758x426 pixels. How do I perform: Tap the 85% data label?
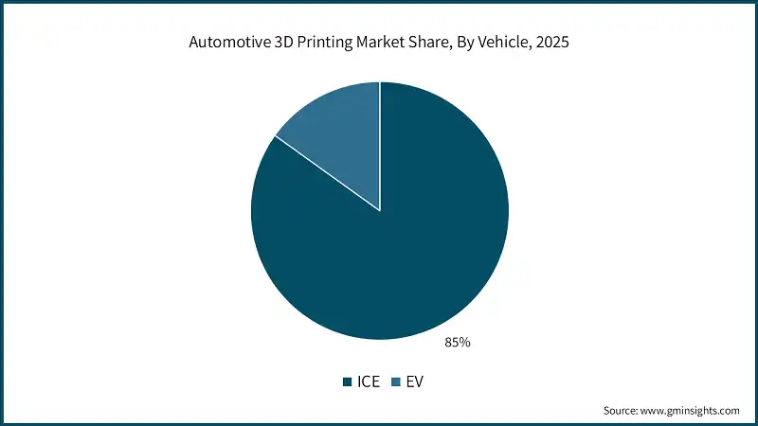[x=457, y=342]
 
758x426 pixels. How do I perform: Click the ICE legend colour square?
[x=347, y=382]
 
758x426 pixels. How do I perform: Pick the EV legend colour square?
[x=398, y=382]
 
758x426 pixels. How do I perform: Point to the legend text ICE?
[x=368, y=382]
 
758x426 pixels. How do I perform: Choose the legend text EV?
[x=416, y=382]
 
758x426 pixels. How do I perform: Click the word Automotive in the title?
[x=229, y=42]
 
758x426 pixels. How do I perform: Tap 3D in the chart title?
[x=281, y=42]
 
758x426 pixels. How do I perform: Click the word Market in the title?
[x=378, y=42]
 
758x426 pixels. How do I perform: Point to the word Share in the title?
[x=425, y=42]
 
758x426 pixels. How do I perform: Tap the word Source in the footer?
[x=623, y=411]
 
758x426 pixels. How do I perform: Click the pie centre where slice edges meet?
[x=380, y=210]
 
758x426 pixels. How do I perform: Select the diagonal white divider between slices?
[x=327, y=173]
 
